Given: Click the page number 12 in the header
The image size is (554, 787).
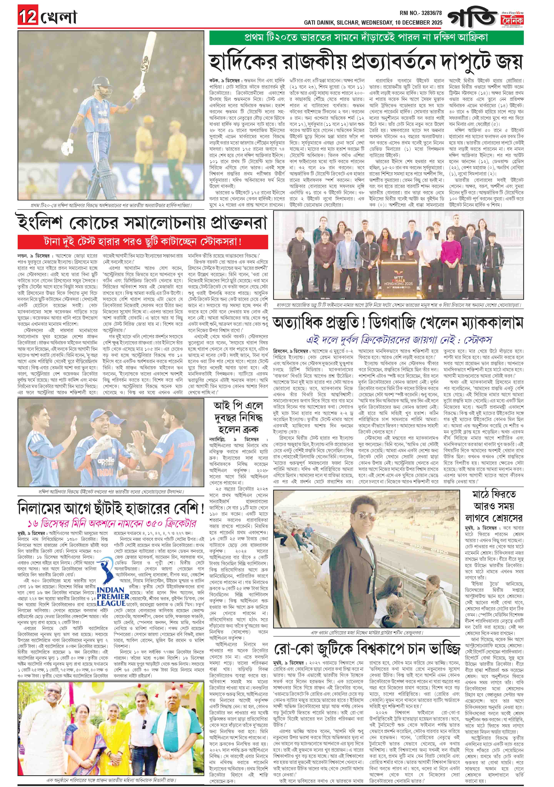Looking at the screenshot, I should pyautogui.click(x=28, y=17).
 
